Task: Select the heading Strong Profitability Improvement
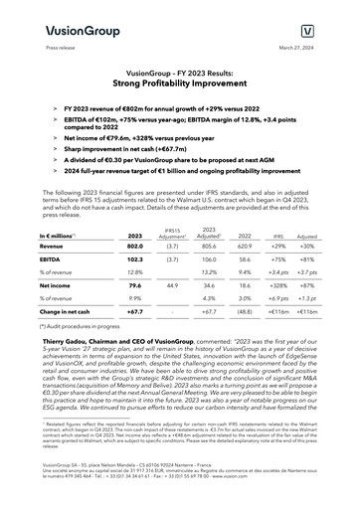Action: tap(179, 82)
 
